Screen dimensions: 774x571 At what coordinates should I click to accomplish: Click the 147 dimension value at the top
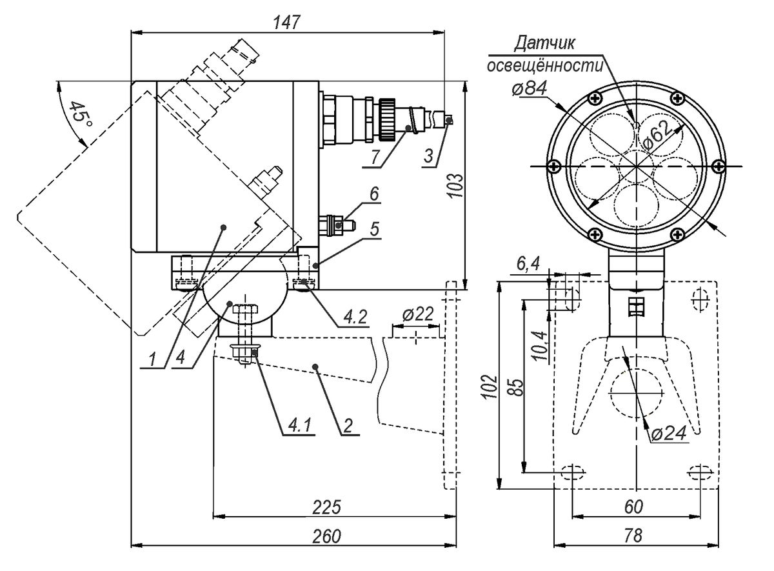point(286,23)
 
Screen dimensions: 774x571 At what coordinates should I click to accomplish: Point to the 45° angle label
point(81,115)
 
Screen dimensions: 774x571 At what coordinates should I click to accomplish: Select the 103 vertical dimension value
point(457,185)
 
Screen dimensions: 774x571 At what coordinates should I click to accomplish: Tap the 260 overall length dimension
point(326,536)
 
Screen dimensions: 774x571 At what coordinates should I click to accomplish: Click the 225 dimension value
point(326,507)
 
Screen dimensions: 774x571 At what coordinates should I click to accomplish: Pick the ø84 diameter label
point(530,88)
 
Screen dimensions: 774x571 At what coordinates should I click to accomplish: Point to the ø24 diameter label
point(669,433)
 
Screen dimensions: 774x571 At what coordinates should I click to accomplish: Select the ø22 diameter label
point(418,314)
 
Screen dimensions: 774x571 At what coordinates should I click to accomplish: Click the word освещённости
point(545,66)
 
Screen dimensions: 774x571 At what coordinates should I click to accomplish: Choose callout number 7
point(376,157)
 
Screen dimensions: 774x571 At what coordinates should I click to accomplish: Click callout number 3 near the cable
point(428,156)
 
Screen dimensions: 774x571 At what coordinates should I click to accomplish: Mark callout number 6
point(374,194)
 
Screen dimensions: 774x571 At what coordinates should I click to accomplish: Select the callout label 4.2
point(355,317)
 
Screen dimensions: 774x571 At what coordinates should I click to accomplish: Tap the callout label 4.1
point(299,425)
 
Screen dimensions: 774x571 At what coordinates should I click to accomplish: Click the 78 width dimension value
point(633,536)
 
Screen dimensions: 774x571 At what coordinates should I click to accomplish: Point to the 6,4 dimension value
point(528,265)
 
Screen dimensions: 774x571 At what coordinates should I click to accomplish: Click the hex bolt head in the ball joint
point(245,308)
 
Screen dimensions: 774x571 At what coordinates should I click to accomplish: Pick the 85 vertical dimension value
point(517,387)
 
